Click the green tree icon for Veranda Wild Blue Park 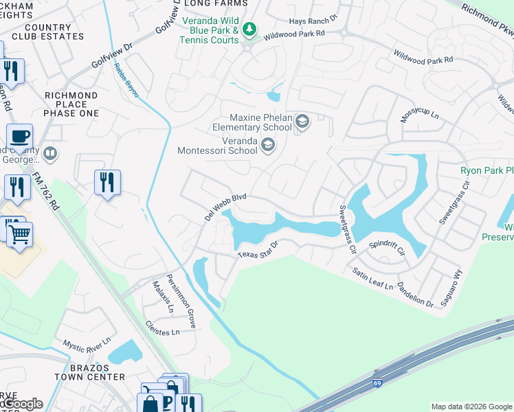pyautogui.click(x=250, y=28)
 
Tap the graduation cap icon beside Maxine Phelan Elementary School pyautogui.click(x=301, y=122)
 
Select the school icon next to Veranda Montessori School pyautogui.click(x=268, y=144)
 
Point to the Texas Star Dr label pyautogui.click(x=258, y=250)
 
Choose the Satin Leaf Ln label pyautogui.click(x=370, y=278)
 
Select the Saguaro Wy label pyautogui.click(x=455, y=282)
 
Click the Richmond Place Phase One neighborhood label pyautogui.click(x=71, y=104)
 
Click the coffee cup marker pyautogui.click(x=20, y=135)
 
